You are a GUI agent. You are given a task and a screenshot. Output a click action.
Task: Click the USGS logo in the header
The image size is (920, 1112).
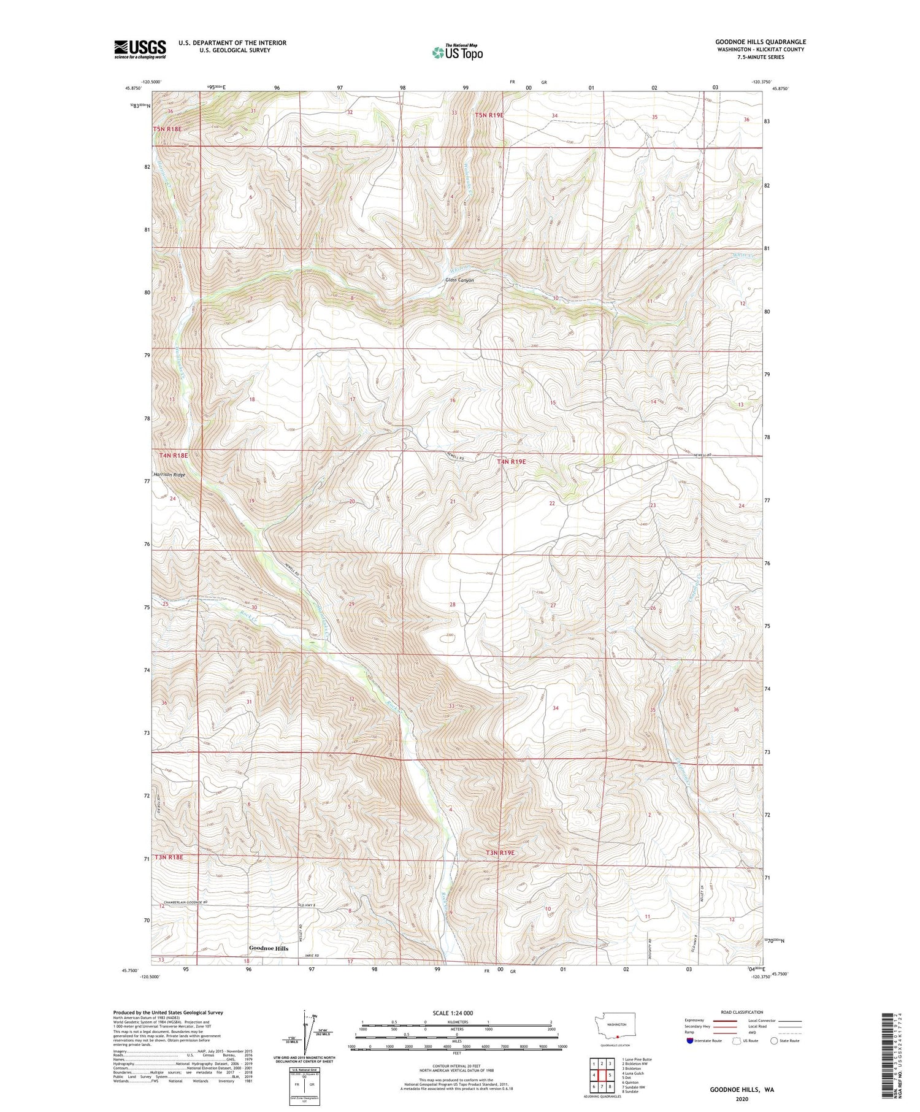tap(140, 49)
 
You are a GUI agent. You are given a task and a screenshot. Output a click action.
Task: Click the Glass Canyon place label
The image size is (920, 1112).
tap(459, 280)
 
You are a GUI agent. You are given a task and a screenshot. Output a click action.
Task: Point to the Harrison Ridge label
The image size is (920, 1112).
tap(169, 475)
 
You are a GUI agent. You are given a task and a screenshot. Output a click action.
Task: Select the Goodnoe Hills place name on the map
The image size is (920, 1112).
tap(268, 948)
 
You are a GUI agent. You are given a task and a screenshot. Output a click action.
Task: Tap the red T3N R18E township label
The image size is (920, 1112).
tap(169, 857)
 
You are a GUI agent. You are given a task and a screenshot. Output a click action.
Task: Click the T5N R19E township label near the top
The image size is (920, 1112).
tap(489, 115)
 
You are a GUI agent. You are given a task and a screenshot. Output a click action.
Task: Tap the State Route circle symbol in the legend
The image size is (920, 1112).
tap(774, 1041)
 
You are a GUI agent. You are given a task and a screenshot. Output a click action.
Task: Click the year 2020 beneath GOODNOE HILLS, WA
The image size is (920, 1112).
tap(742, 1099)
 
